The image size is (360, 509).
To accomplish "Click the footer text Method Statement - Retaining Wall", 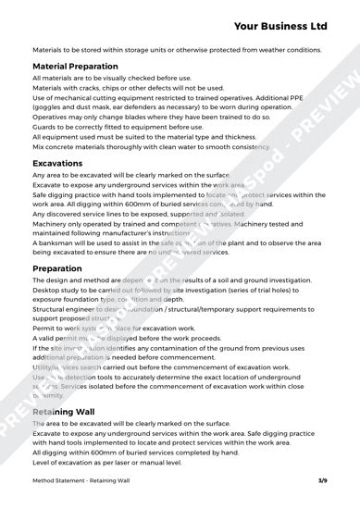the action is [x=81, y=481].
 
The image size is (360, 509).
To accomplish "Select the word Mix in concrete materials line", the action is [x=39, y=146].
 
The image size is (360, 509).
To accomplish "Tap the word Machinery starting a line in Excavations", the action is [x=52, y=223].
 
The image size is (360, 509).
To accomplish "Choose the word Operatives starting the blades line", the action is [x=53, y=117].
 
